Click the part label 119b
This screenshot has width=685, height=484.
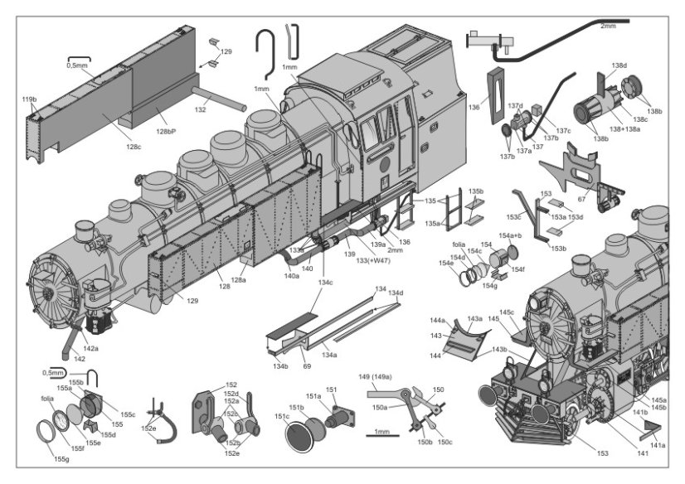point(29,99)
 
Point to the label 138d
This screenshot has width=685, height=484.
point(619,65)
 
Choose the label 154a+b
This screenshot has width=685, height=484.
point(511,236)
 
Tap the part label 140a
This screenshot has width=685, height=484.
point(291,276)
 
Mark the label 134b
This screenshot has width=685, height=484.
point(279,365)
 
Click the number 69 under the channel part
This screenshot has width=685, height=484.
point(306,365)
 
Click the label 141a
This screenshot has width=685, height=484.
point(658,446)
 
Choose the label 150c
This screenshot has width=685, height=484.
point(445,442)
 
